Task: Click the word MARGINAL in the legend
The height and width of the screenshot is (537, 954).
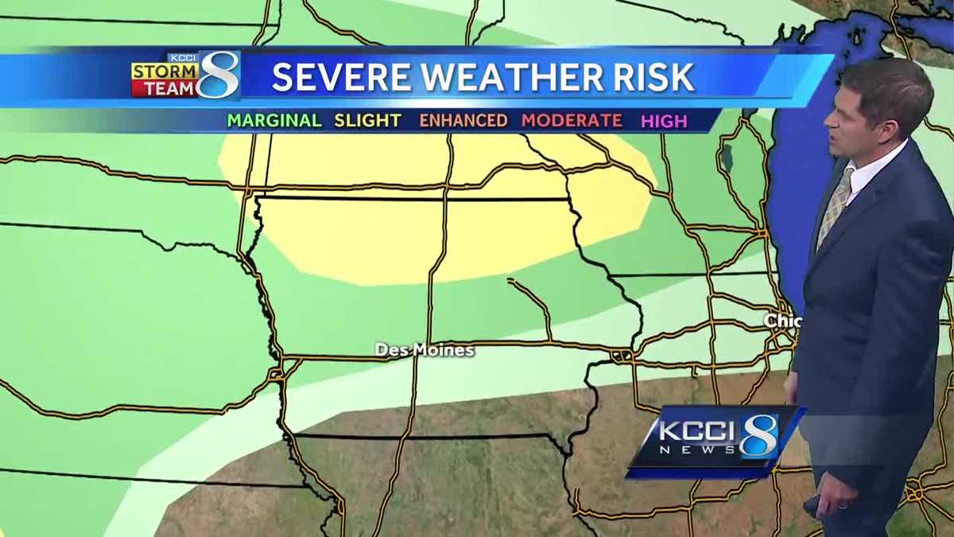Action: pyautogui.click(x=274, y=120)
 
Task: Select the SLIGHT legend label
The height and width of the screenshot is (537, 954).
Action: pyautogui.click(x=367, y=120)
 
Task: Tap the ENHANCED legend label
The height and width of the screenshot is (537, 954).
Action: pyautogui.click(x=463, y=120)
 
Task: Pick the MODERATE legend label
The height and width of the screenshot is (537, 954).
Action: pyautogui.click(x=572, y=120)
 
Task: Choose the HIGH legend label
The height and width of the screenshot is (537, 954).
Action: pyautogui.click(x=665, y=121)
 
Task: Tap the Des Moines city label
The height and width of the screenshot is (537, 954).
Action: pyautogui.click(x=425, y=350)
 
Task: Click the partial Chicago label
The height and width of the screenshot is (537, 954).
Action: pyautogui.click(x=781, y=320)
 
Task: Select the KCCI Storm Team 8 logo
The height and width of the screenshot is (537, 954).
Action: pyautogui.click(x=186, y=76)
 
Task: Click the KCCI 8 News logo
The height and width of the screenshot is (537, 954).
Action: pyautogui.click(x=715, y=441)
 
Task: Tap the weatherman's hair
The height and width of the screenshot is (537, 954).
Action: pyautogui.click(x=882, y=80)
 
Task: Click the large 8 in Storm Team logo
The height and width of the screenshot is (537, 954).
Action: pyautogui.click(x=219, y=75)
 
